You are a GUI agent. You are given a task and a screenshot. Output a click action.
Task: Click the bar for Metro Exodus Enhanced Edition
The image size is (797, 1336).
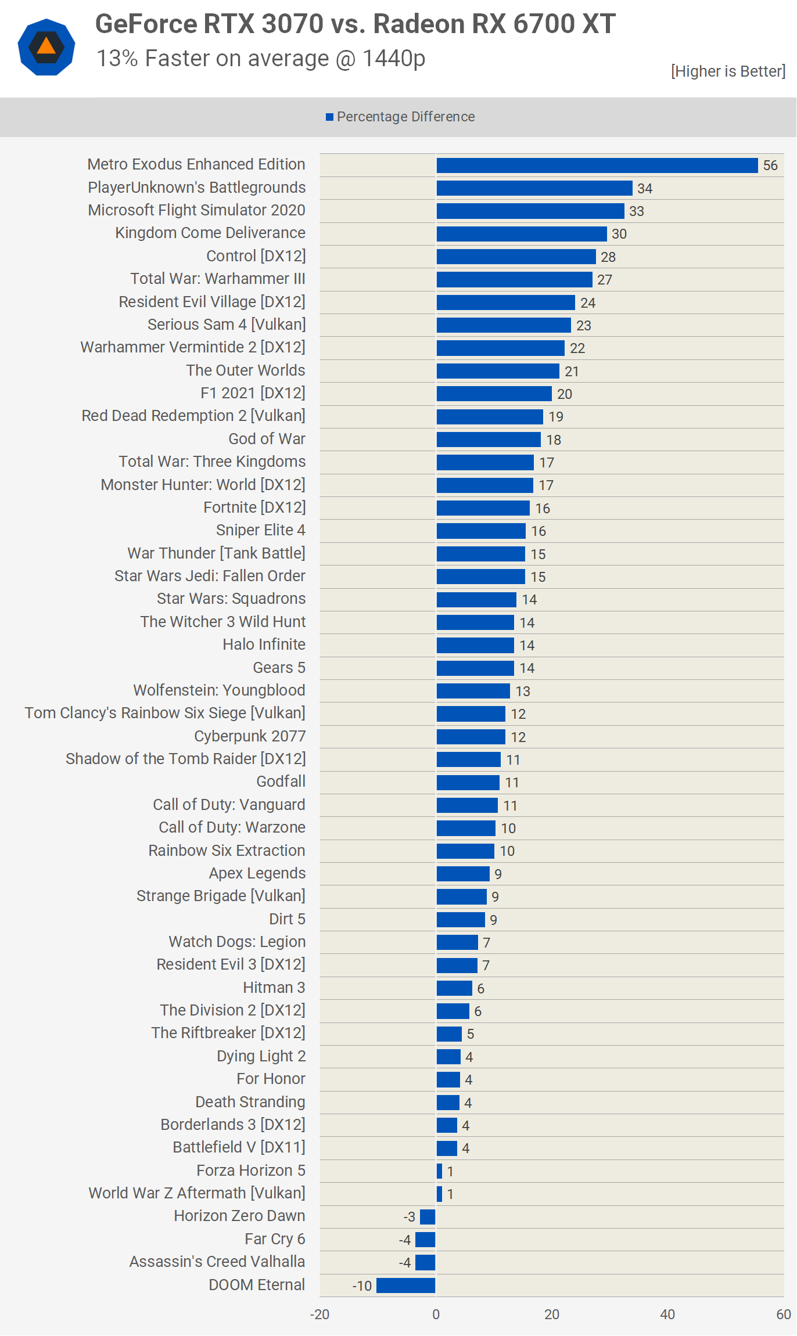pyautogui.click(x=597, y=165)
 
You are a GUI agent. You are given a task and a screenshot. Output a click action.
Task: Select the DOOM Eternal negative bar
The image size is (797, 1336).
pyautogui.click(x=405, y=1285)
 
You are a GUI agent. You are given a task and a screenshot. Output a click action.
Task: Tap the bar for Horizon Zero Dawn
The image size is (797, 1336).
pyautogui.click(x=428, y=1217)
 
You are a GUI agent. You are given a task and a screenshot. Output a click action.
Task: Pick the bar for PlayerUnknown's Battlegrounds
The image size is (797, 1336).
pyautogui.click(x=534, y=188)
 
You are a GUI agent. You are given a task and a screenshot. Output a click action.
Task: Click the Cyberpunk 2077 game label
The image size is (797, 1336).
pyautogui.click(x=250, y=736)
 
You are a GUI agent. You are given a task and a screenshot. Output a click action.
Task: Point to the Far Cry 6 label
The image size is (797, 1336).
pyautogui.click(x=275, y=1239)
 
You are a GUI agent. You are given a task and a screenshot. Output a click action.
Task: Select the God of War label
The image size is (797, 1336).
pyautogui.click(x=267, y=439)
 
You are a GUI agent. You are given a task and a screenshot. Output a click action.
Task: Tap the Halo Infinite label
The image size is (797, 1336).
pyautogui.click(x=264, y=644)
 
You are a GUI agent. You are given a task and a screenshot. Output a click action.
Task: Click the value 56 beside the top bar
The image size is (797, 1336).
pyautogui.click(x=770, y=165)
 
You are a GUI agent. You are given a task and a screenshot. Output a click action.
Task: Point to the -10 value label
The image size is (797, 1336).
pyautogui.click(x=362, y=1286)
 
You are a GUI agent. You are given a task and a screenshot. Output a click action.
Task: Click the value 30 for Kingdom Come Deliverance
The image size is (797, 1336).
pyautogui.click(x=619, y=234)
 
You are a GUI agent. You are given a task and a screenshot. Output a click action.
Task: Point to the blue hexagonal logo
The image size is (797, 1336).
pyautogui.click(x=46, y=47)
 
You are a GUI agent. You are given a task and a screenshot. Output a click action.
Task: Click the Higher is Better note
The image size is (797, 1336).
pyautogui.click(x=728, y=71)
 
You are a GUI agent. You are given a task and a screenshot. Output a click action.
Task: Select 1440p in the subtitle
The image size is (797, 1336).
pyautogui.click(x=394, y=59)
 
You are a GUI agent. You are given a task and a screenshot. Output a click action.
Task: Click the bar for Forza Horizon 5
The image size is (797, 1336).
pyautogui.click(x=439, y=1171)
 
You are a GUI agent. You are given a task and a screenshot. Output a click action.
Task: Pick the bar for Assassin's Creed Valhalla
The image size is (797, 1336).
pyautogui.click(x=425, y=1262)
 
